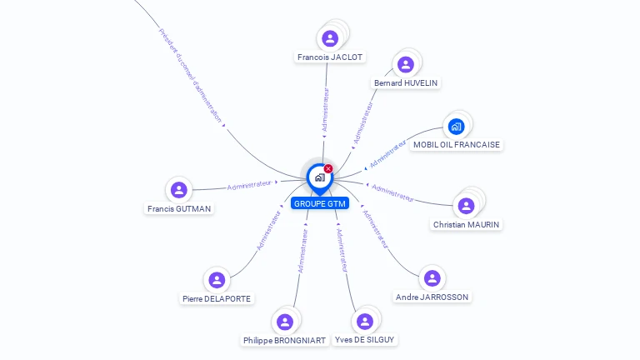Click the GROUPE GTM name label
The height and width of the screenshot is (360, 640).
pyautogui.click(x=320, y=203)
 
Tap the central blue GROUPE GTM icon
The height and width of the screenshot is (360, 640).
pyautogui.click(x=319, y=177)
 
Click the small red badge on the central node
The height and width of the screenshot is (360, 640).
pyautogui.click(x=328, y=168)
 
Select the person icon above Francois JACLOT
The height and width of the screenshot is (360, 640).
pyautogui.click(x=330, y=38)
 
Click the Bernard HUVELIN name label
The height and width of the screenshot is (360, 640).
pyautogui.click(x=406, y=83)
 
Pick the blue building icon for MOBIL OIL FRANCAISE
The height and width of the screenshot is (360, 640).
pyautogui.click(x=455, y=127)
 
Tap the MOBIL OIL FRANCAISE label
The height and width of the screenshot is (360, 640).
pyautogui.click(x=457, y=144)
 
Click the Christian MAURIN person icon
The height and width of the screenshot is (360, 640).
pyautogui.click(x=466, y=206)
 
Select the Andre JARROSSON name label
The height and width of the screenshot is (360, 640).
pyautogui.click(x=432, y=297)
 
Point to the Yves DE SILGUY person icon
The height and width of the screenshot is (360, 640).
pyautogui.click(x=364, y=322)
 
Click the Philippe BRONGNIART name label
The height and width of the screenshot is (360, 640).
pyautogui.click(x=284, y=340)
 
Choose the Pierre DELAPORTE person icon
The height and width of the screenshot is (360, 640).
pyautogui.click(x=217, y=280)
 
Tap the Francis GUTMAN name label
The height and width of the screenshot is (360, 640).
pyautogui.click(x=179, y=208)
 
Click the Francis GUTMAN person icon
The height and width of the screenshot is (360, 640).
pyautogui.click(x=178, y=190)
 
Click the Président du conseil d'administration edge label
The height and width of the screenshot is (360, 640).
pyautogui.click(x=190, y=76)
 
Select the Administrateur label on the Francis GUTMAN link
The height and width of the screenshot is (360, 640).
pyautogui.click(x=249, y=184)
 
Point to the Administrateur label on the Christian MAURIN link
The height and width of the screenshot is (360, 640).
pyautogui.click(x=392, y=192)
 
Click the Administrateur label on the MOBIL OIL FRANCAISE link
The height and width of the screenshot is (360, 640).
pyautogui.click(x=387, y=153)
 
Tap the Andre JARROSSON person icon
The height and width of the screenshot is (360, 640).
pyautogui.click(x=431, y=278)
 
